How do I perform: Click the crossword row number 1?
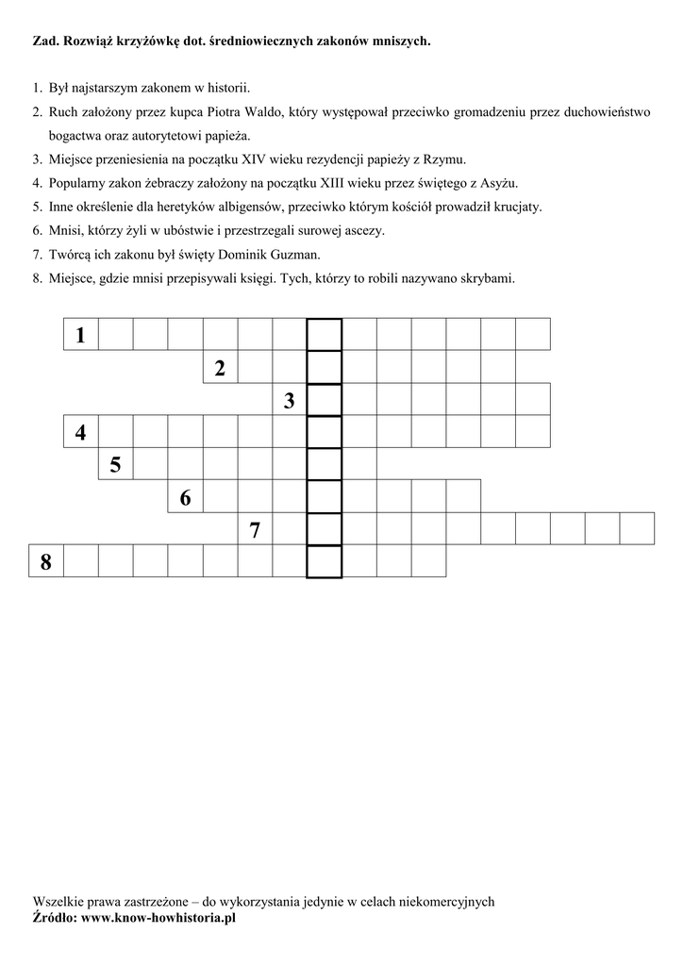[81, 335]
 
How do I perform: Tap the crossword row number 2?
[220, 368]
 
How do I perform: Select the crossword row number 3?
[290, 401]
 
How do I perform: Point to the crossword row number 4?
[81, 433]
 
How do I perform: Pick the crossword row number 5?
[115, 465]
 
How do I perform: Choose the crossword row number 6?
[185, 497]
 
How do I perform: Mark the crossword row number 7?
[255, 529]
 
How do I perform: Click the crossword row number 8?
[46, 562]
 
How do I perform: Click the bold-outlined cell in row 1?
[325, 335]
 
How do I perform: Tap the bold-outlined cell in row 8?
[325, 562]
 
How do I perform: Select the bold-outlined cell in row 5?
[325, 465]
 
